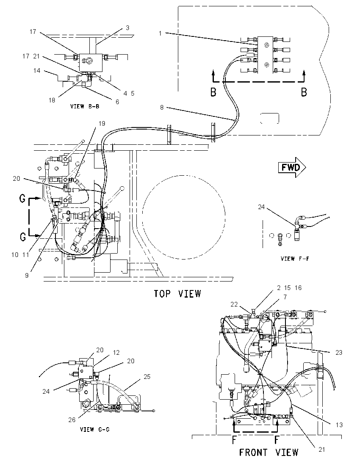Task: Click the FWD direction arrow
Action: (x=292, y=168)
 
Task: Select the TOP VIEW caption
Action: (x=177, y=293)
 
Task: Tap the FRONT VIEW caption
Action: (x=269, y=453)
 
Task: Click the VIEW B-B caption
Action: (x=85, y=106)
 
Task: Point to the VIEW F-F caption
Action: (x=295, y=259)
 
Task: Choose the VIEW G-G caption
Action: (x=95, y=429)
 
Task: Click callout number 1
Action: (x=160, y=33)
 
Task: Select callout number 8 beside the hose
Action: (x=162, y=108)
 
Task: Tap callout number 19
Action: (x=102, y=123)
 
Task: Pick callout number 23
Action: (x=339, y=352)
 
